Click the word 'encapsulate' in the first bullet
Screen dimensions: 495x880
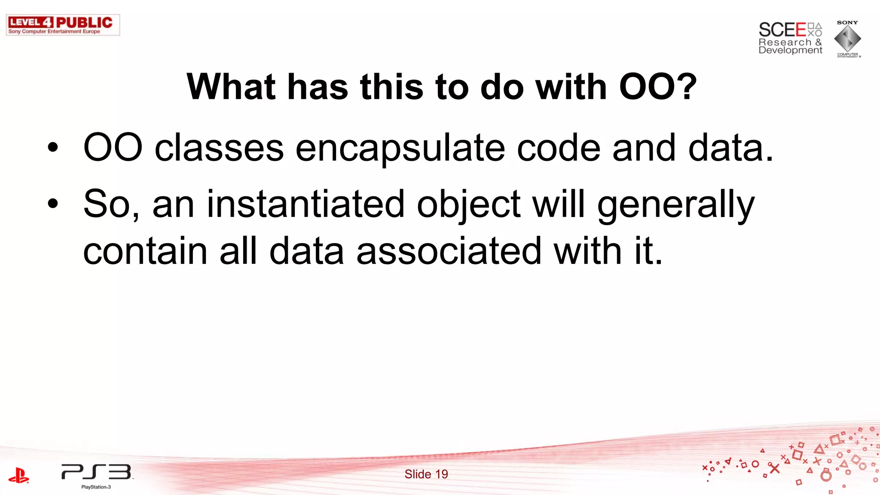tap(400, 148)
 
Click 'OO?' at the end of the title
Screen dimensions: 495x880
tap(657, 87)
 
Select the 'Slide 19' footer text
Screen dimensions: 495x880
tap(426, 474)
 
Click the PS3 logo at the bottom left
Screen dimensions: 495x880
tap(97, 472)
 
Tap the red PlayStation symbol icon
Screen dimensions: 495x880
tap(18, 476)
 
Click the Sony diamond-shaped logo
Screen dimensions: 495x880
tap(847, 39)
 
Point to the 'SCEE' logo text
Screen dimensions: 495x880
tap(782, 30)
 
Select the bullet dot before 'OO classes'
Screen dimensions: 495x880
tap(53, 148)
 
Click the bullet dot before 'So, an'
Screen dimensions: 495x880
tap(53, 204)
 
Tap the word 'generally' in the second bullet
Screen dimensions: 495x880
tap(675, 205)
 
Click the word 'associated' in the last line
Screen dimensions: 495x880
tap(449, 251)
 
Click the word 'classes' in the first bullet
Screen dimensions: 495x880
tap(219, 148)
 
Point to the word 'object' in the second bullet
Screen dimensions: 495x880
tap(468, 205)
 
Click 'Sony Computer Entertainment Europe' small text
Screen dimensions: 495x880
tap(54, 31)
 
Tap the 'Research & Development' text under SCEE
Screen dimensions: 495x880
tap(790, 46)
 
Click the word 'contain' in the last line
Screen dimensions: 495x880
tap(145, 251)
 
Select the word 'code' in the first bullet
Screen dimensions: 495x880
tap(558, 148)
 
